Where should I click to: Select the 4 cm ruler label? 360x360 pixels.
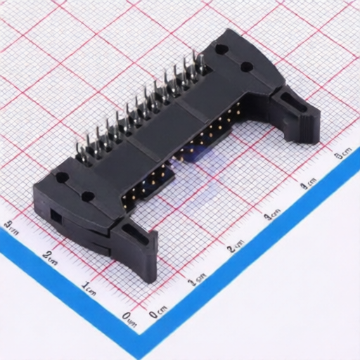point(308,184)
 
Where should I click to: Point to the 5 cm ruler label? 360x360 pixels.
point(344,154)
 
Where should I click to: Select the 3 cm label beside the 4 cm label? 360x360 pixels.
point(273,215)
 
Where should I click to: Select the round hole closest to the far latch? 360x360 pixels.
point(247,67)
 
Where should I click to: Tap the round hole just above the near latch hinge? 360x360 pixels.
point(88,198)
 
